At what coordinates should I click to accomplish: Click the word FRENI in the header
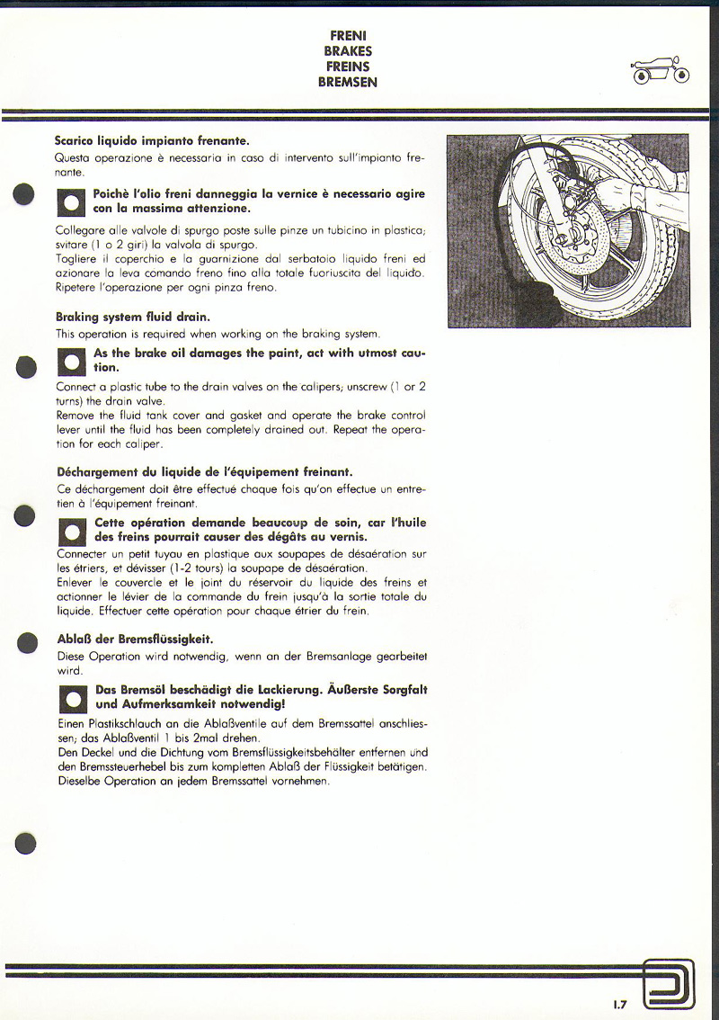347,37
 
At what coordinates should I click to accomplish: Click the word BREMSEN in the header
347,82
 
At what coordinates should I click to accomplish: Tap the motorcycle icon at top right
661,71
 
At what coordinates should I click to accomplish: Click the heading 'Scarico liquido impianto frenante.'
152,141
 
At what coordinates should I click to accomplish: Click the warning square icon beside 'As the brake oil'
70,362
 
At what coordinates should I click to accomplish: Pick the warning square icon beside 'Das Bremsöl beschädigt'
70,698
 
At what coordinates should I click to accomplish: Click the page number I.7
620,1004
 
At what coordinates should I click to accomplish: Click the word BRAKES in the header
347,52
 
